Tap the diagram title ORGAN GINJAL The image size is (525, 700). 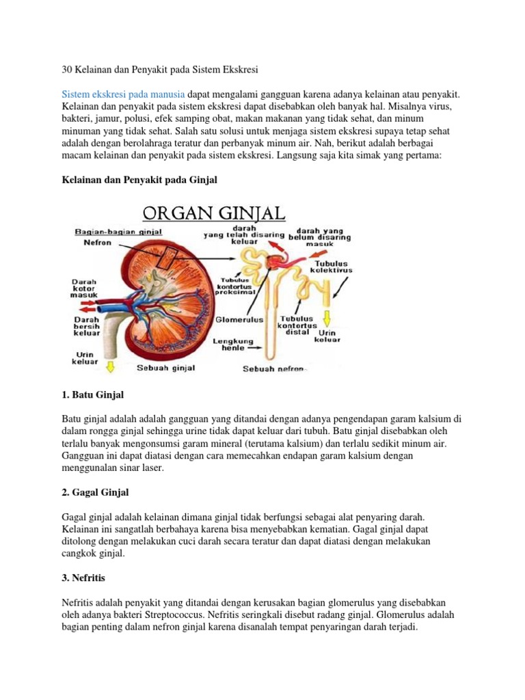click(x=213, y=213)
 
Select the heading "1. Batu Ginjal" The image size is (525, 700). click(x=92, y=395)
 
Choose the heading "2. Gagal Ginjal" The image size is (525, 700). click(x=95, y=492)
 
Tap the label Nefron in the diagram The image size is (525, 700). click(x=89, y=242)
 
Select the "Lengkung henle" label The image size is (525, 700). click(x=233, y=344)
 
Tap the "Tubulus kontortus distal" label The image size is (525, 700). click(x=296, y=325)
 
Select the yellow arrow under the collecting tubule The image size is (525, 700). click(x=327, y=318)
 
